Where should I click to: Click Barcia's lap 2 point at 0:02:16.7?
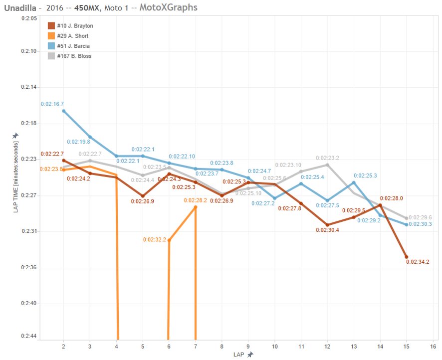pos(63,111)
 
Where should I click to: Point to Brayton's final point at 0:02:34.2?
pos(406,257)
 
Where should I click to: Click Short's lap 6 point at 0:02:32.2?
pos(169,240)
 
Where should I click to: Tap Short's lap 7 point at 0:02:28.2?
pos(195,207)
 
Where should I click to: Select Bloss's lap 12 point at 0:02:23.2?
pos(327,165)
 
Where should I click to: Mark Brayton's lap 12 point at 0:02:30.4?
pos(327,225)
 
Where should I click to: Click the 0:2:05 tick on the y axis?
pos(29,18)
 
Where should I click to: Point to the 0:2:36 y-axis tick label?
pos(29,268)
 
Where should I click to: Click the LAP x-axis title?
pos(239,354)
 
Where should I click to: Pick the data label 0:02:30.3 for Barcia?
pos(420,224)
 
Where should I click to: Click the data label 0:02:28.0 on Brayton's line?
pos(391,198)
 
